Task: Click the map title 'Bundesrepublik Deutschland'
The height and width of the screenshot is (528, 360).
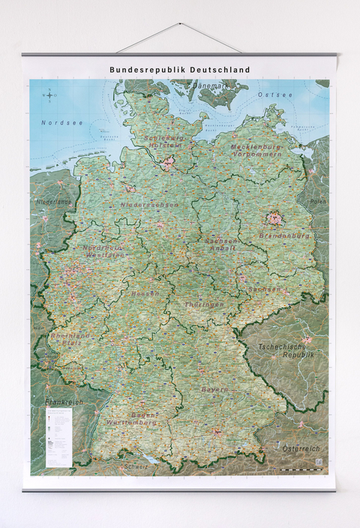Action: [180, 70]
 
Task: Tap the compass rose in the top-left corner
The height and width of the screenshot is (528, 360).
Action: [50, 94]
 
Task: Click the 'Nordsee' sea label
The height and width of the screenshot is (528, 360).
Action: [58, 122]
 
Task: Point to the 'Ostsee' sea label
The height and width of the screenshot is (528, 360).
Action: [271, 95]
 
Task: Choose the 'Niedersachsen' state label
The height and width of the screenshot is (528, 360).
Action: [149, 205]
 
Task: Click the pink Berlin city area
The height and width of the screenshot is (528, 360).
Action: [273, 218]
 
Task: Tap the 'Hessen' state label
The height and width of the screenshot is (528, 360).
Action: [145, 294]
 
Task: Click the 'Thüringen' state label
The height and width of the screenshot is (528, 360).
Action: [204, 304]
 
